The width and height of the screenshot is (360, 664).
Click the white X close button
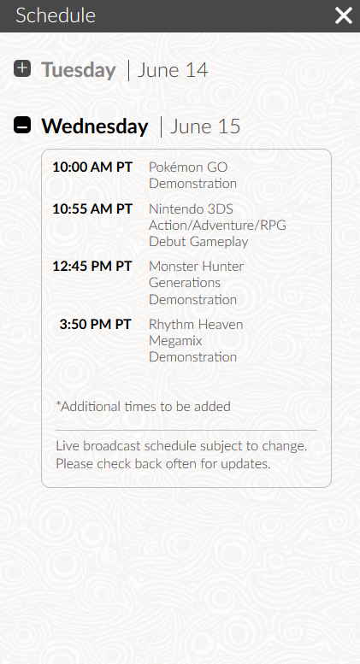click(x=344, y=15)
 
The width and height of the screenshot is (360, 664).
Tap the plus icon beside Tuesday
click(x=22, y=68)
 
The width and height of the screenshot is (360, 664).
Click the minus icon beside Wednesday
click(x=22, y=125)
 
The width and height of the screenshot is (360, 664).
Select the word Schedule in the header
click(x=56, y=15)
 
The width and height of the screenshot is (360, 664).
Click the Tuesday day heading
click(x=79, y=70)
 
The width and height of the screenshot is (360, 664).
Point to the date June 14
click(x=173, y=70)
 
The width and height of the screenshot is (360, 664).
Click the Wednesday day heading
click(x=95, y=126)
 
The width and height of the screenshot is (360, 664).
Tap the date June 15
click(x=205, y=126)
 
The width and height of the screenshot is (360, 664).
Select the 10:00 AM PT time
click(x=92, y=167)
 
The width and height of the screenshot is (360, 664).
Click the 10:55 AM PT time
click(x=92, y=209)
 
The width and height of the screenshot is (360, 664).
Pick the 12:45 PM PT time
click(x=92, y=267)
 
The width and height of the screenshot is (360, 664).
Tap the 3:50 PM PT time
click(x=95, y=325)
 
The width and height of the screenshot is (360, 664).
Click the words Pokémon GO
click(x=188, y=167)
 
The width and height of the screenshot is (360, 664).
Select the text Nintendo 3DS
click(x=191, y=209)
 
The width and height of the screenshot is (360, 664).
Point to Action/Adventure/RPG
click(x=218, y=226)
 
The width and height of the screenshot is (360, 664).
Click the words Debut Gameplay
click(x=198, y=242)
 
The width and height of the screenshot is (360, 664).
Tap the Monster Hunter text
click(x=197, y=267)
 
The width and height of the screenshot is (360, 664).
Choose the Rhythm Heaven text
click(x=196, y=325)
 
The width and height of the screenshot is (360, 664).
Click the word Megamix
click(x=176, y=341)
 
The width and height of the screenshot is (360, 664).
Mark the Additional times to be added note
click(x=143, y=407)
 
